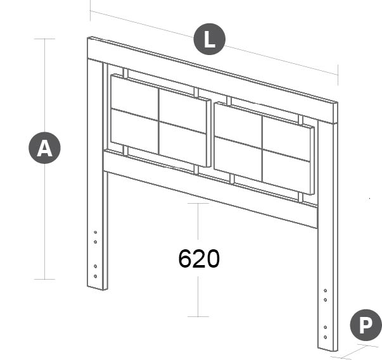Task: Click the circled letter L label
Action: (x=210, y=39)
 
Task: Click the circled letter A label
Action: (x=44, y=148)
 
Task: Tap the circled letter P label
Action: (x=366, y=325)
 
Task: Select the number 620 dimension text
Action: (x=199, y=259)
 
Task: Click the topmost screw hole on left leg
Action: (x=95, y=232)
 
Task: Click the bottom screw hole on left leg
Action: (x=95, y=276)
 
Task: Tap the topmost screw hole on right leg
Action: (x=325, y=290)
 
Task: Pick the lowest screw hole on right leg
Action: (x=325, y=337)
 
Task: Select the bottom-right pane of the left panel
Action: (x=182, y=144)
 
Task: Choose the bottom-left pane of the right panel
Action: (x=238, y=159)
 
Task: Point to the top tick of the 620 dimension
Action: (x=198, y=203)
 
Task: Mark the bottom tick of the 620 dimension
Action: (x=198, y=316)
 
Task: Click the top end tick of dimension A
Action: (x=44, y=39)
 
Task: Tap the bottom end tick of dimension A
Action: (x=44, y=279)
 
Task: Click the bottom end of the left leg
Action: (x=97, y=288)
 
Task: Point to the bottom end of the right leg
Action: (x=328, y=349)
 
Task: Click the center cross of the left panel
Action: (x=158, y=121)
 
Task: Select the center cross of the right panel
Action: (x=262, y=149)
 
